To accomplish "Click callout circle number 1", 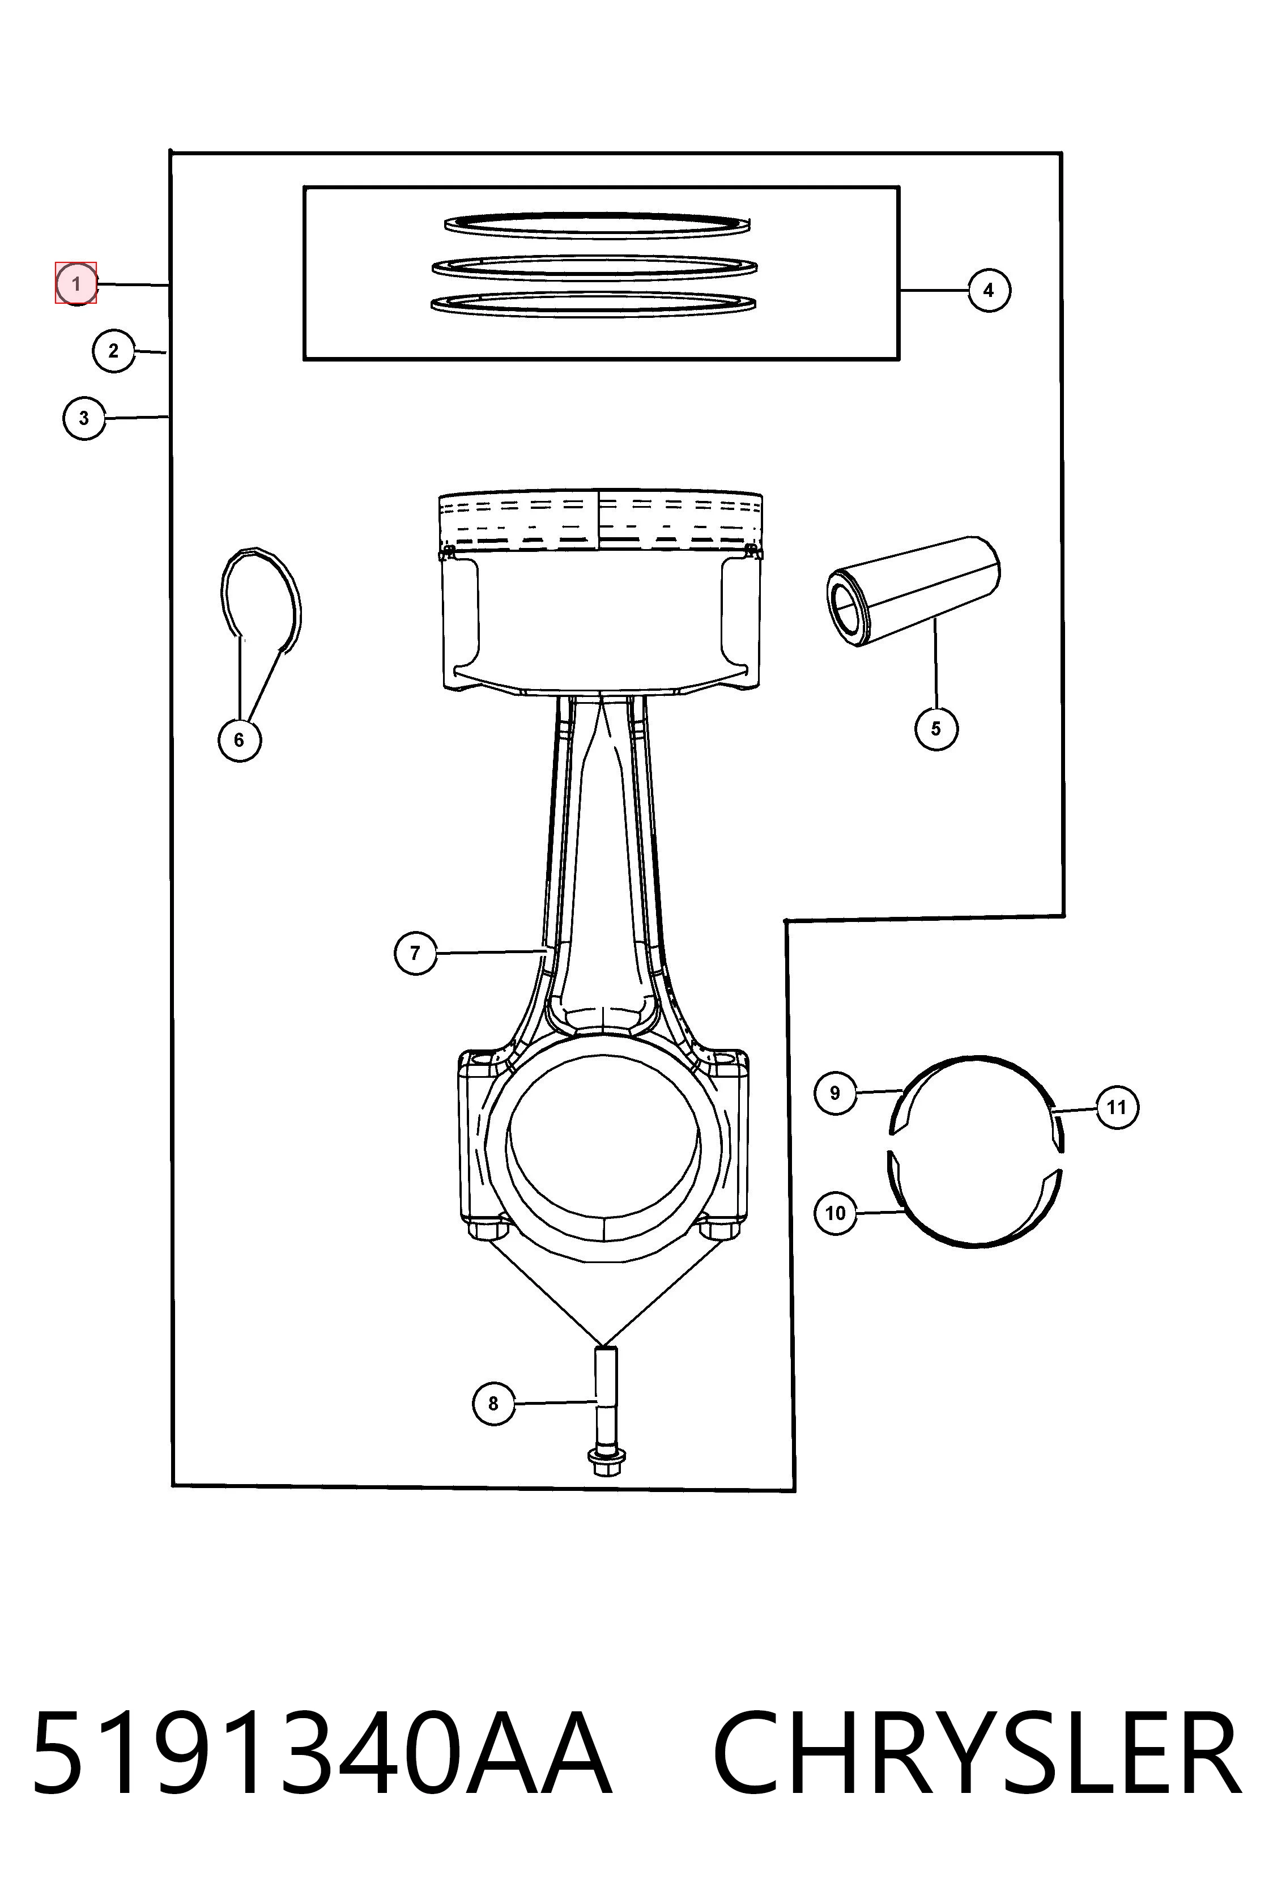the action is (76, 284).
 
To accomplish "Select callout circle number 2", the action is (113, 351).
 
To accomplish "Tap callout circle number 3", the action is (84, 419).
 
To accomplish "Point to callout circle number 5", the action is (936, 729).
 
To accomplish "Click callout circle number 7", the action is (415, 953).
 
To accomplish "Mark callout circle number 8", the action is (493, 1403).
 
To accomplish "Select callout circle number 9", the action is (835, 1093).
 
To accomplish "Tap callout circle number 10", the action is (835, 1213).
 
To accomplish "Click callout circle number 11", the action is (1117, 1107).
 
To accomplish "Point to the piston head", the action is (600, 591).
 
